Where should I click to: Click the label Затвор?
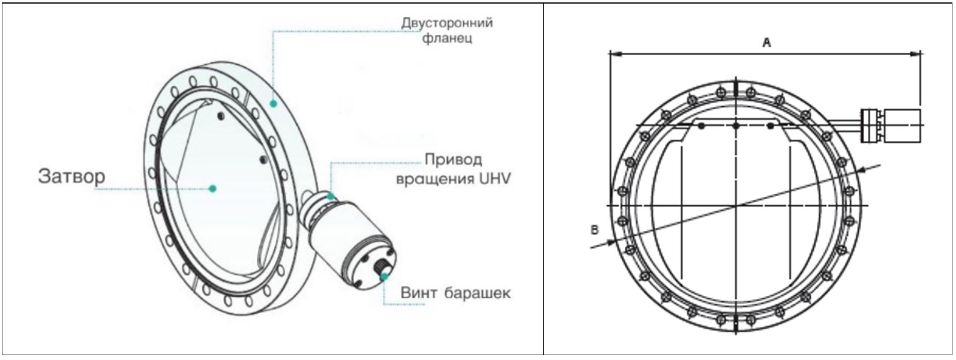71,176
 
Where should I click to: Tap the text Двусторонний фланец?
447,31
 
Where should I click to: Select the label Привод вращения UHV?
453,169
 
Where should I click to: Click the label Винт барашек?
455,293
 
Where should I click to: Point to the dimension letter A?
766,43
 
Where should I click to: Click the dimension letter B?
595,229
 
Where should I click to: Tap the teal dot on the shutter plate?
212,188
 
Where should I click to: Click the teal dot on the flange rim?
273,103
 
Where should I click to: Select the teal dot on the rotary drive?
331,195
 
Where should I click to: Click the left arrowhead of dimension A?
613,54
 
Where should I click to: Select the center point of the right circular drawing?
735,206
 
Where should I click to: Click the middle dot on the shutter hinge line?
735,125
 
